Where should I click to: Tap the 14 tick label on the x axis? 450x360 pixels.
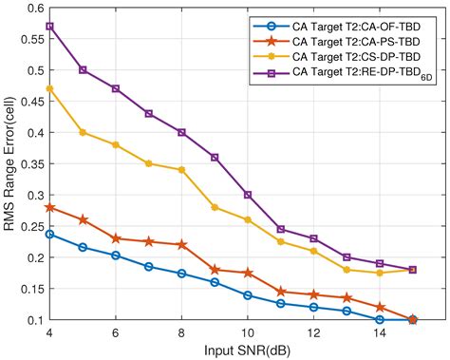379,332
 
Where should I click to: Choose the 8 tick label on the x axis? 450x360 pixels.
181,332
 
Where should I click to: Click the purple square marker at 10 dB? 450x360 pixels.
248,195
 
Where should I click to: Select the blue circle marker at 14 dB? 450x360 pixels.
379,319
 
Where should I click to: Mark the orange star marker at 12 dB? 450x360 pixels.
313,294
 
